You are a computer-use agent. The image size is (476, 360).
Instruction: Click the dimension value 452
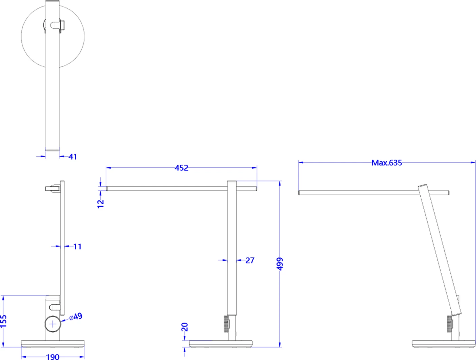(x=181, y=168)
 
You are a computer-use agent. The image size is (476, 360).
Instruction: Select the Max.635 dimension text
(x=387, y=163)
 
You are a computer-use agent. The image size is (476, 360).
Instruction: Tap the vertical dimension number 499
(x=280, y=264)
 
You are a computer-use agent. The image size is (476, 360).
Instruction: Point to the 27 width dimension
(x=250, y=260)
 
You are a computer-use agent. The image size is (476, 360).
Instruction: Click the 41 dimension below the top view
(x=73, y=157)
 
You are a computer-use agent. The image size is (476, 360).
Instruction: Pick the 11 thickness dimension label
(x=78, y=247)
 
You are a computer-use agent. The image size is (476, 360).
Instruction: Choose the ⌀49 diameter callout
(x=76, y=316)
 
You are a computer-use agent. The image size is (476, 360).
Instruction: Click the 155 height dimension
(x=4, y=321)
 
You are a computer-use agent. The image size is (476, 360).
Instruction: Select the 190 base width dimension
(x=53, y=357)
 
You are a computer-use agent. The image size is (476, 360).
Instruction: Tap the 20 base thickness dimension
(x=185, y=327)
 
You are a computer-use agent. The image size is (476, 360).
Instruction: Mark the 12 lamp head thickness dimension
(x=101, y=203)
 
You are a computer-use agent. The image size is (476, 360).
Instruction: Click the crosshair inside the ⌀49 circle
(x=53, y=324)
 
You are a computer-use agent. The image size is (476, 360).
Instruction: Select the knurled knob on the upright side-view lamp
(x=226, y=324)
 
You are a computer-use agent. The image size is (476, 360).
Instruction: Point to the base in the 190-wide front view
(x=53, y=344)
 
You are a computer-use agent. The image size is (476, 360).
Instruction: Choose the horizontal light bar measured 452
(x=165, y=189)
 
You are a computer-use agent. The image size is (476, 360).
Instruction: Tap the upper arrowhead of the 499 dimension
(x=280, y=183)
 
